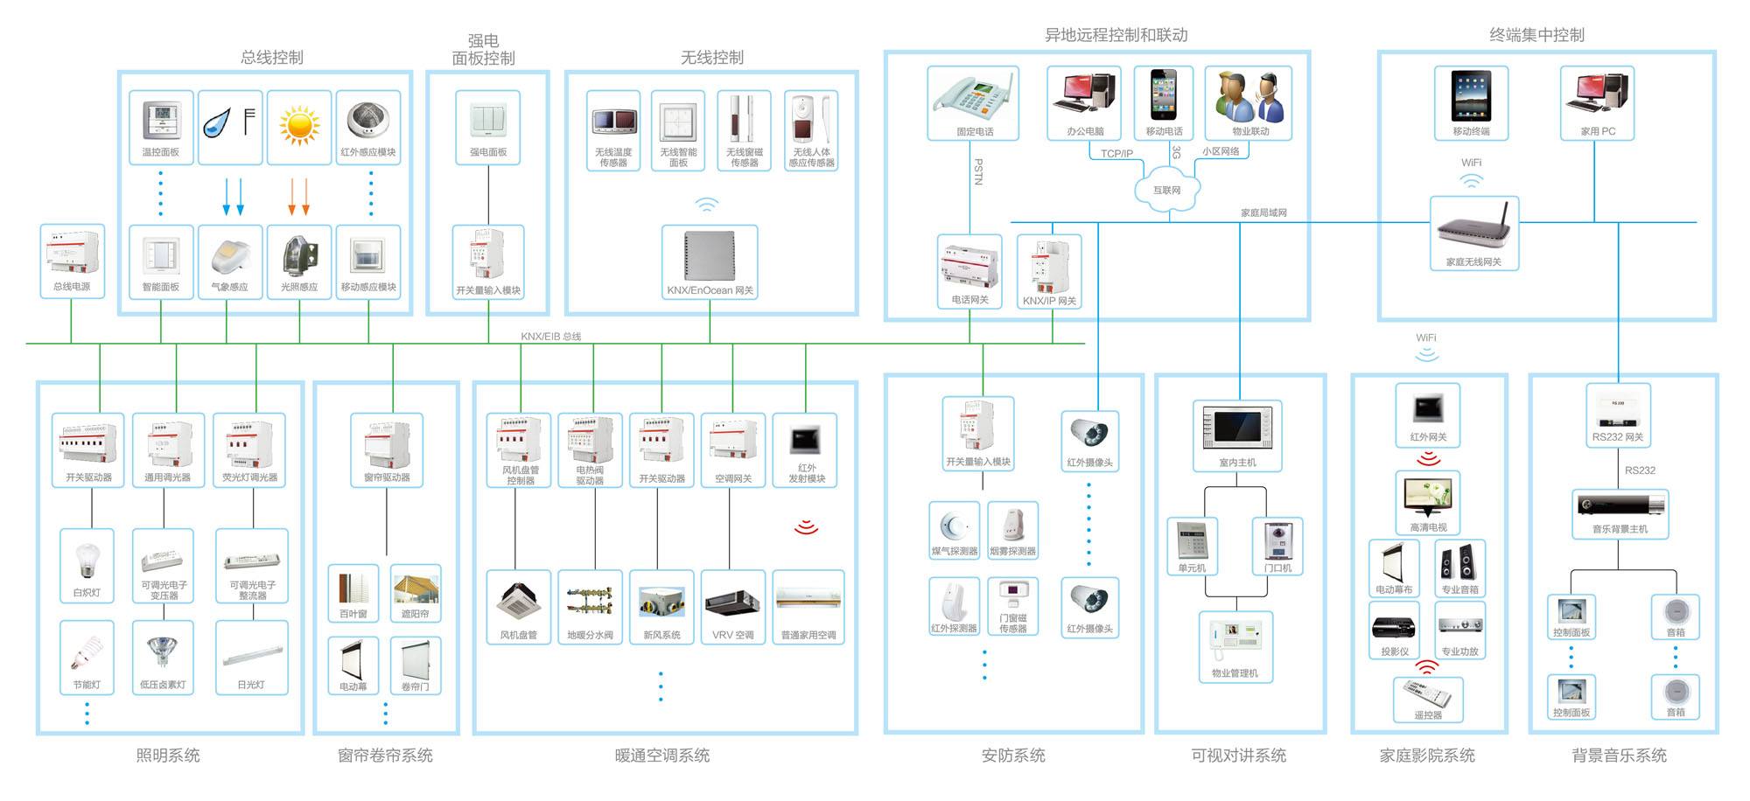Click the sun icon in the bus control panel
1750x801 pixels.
click(299, 125)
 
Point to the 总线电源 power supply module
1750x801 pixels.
click(72, 261)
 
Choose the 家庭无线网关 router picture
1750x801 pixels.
click(1473, 231)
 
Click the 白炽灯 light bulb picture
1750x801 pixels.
click(87, 561)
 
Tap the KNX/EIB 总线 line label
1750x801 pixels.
click(550, 337)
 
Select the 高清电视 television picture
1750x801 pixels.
click(1428, 498)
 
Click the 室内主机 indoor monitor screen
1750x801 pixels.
click(1237, 428)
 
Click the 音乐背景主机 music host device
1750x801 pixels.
click(1620, 506)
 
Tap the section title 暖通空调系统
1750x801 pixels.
click(661, 756)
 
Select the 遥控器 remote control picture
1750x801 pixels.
click(1427, 694)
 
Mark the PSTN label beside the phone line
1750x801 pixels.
click(978, 171)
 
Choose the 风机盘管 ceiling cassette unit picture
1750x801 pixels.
click(519, 601)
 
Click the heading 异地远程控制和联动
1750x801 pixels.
click(1116, 35)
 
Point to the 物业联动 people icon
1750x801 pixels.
click(1249, 98)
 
